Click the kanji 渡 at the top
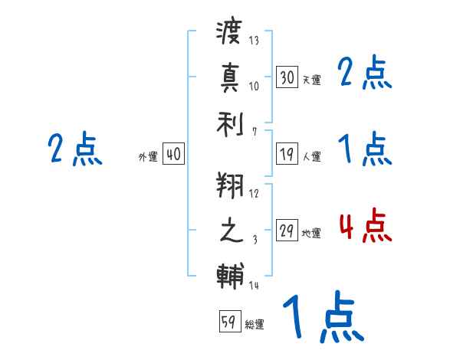coord(229,35)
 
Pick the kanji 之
coord(229,230)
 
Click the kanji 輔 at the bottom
coord(229,274)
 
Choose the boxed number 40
coord(173,154)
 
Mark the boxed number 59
coord(229,322)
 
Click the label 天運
coord(311,80)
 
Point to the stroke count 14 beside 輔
coord(254,285)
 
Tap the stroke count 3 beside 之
coord(255,240)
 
